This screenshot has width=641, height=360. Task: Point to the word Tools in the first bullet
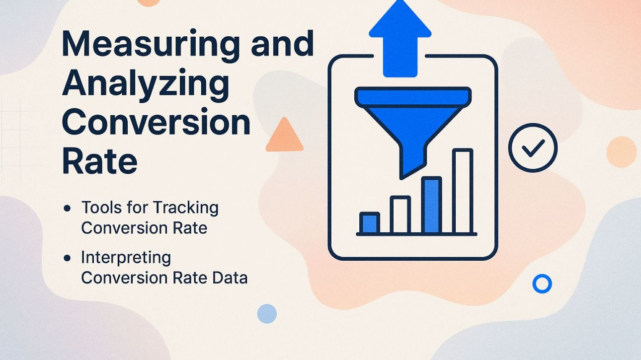[101, 207]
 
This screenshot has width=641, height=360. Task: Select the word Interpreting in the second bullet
[126, 258]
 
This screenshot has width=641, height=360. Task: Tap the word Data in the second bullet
[230, 278]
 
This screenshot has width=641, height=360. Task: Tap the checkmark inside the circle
[533, 147]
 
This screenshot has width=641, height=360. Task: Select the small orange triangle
[284, 136]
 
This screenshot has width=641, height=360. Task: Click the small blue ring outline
[542, 284]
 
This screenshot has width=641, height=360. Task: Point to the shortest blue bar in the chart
[370, 223]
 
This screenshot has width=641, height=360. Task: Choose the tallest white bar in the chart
[463, 191]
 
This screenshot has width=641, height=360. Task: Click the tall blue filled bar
[431, 205]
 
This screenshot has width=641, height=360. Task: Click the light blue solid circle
[267, 314]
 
